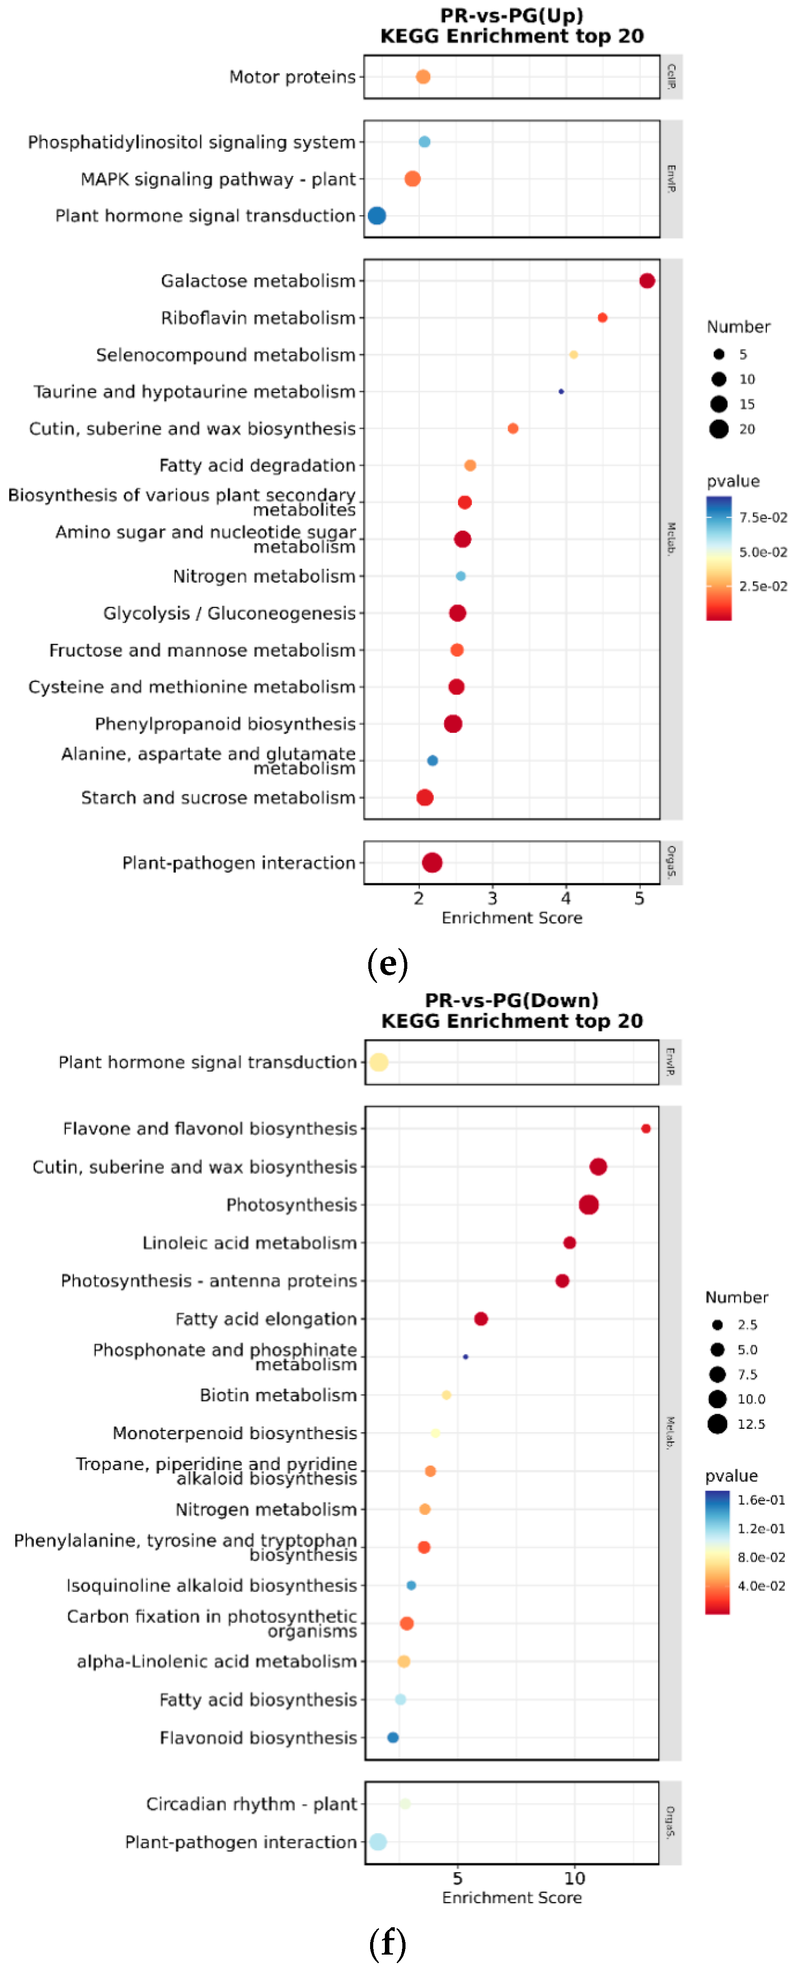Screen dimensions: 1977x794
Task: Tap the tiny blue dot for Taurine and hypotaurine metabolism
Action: tap(561, 391)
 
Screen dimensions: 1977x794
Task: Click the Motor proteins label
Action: tap(292, 77)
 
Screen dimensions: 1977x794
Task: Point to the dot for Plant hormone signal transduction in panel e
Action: tap(376, 216)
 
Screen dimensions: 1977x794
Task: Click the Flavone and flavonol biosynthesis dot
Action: tap(646, 1128)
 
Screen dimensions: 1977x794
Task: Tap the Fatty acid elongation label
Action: tap(266, 1319)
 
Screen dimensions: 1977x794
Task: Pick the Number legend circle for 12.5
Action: tap(717, 1423)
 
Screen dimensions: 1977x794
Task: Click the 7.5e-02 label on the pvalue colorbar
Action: tap(763, 517)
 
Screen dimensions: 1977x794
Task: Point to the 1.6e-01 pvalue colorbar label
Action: tap(761, 1500)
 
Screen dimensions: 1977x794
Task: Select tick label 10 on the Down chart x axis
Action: tap(574, 1878)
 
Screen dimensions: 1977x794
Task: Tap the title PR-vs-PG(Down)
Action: tap(511, 1000)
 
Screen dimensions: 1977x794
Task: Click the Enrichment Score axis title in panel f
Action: tap(511, 1897)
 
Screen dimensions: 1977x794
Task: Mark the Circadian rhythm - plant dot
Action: tap(405, 1804)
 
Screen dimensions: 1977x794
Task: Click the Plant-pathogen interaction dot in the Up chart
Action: tap(432, 863)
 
